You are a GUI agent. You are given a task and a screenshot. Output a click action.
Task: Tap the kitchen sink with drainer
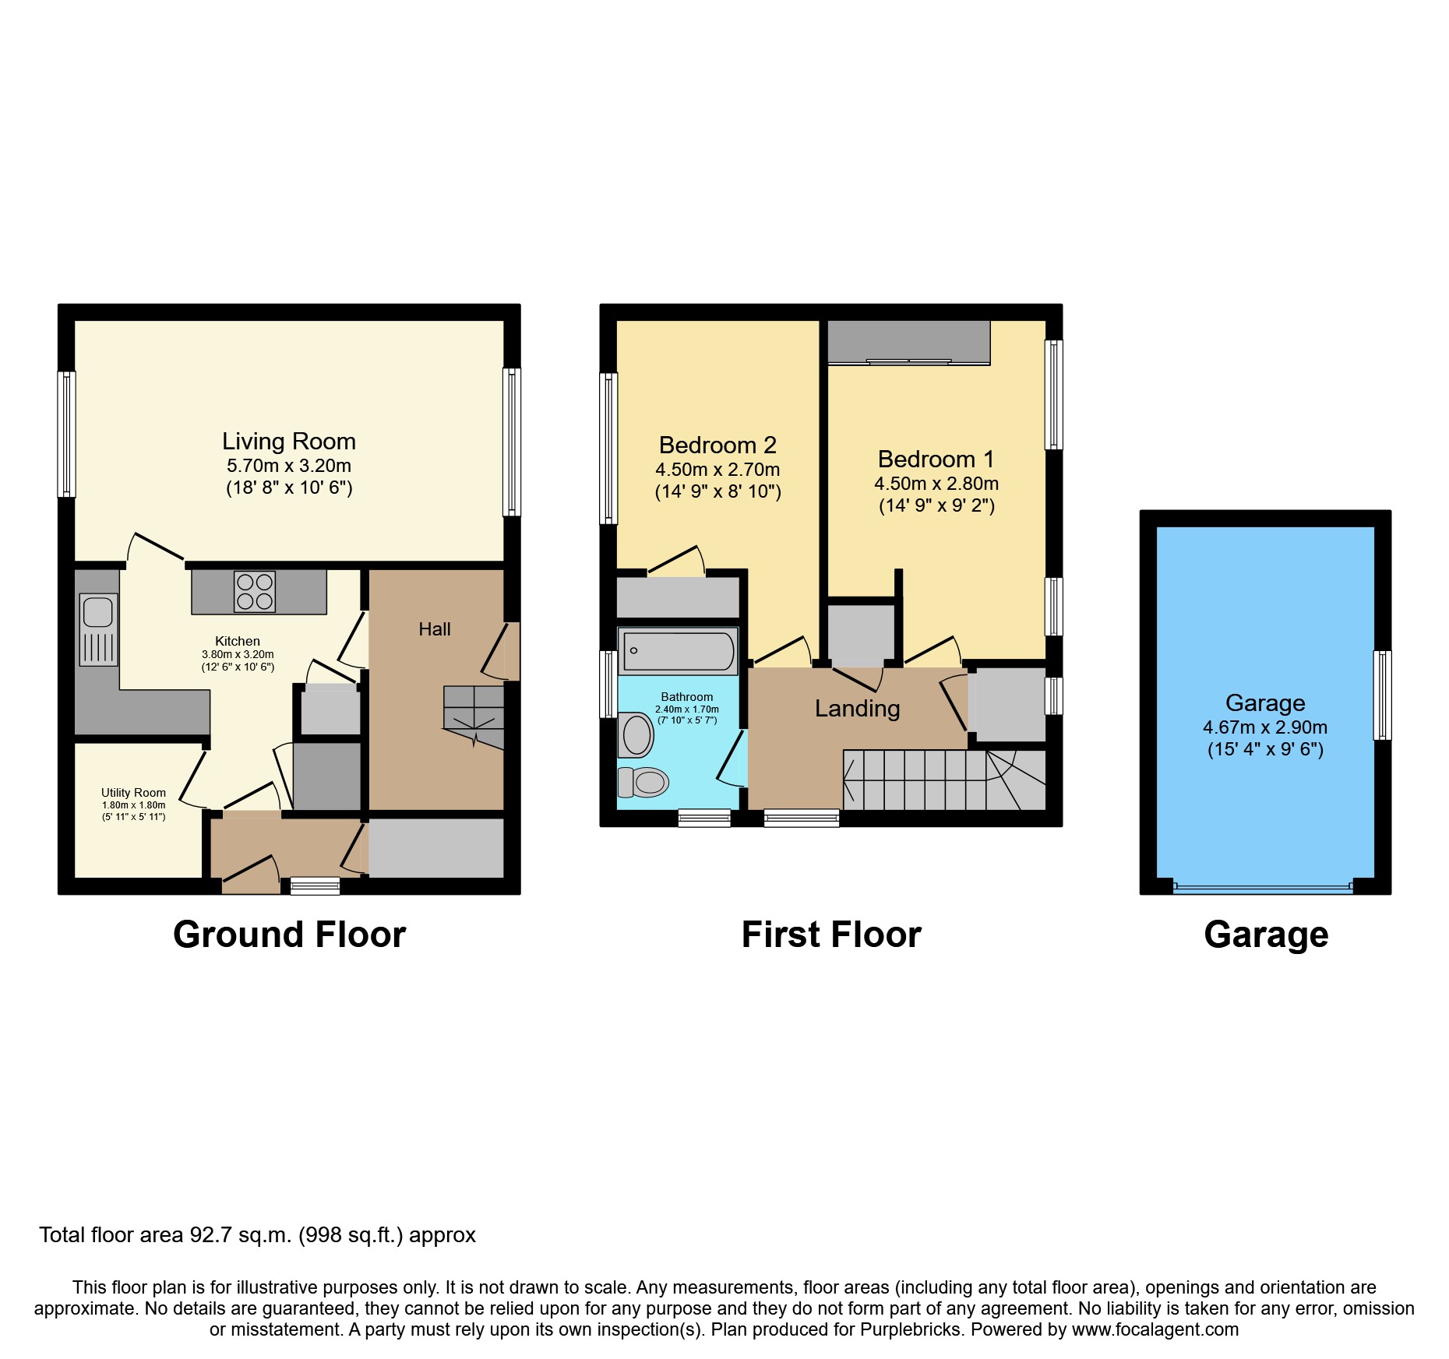(98, 629)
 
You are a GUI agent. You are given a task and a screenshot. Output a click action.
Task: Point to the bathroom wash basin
(636, 735)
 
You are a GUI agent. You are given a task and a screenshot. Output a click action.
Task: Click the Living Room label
(289, 442)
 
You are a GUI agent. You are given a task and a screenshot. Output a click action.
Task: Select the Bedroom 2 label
(717, 445)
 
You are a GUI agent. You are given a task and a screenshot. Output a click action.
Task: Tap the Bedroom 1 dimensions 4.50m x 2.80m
(936, 484)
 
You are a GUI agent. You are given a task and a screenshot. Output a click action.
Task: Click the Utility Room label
(133, 793)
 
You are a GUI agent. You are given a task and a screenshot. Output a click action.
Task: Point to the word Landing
(857, 709)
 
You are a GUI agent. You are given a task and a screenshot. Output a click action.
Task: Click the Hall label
(434, 629)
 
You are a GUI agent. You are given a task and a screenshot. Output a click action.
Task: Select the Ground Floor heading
(289, 935)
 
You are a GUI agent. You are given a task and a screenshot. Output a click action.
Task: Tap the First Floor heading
(831, 935)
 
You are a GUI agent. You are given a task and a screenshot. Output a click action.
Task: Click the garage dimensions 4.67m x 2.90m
(1264, 727)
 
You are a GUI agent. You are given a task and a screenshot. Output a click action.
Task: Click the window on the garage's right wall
(1381, 695)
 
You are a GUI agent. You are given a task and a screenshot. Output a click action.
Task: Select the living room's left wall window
(68, 434)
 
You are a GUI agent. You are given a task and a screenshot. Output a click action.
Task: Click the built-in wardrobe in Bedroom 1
(908, 342)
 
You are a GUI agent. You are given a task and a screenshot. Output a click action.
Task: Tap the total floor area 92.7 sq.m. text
(257, 1235)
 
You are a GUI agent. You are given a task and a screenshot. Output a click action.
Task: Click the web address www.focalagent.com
(1155, 1329)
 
